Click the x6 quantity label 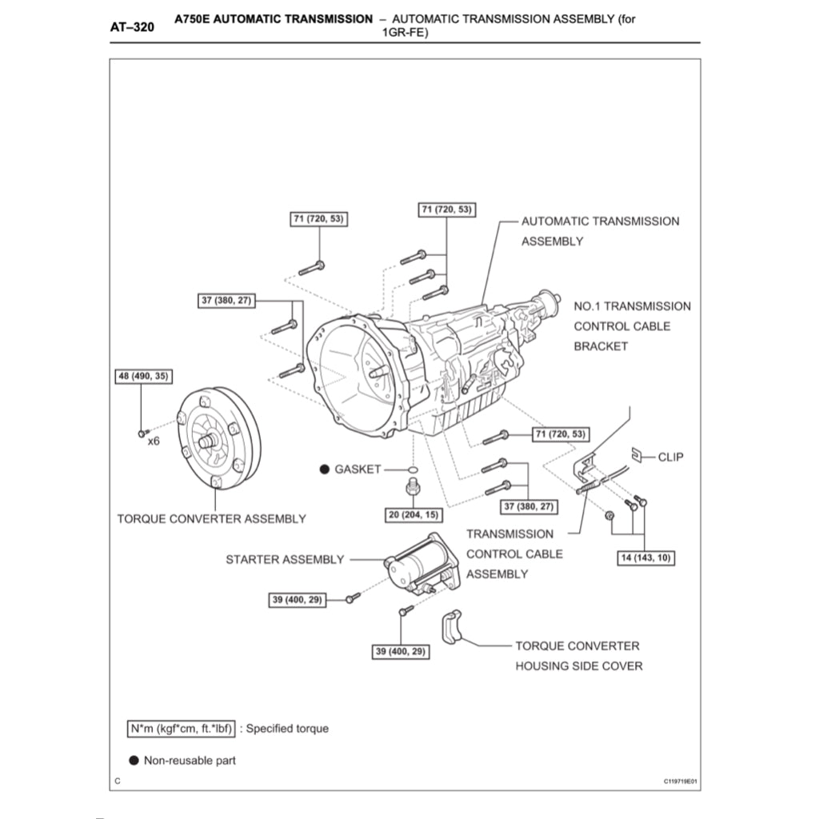coord(154,441)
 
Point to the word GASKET coord(358,469)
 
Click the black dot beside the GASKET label coord(325,469)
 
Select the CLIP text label coord(670,457)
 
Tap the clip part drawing coord(638,456)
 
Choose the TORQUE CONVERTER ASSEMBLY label coord(211,519)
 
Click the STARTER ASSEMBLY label coord(285,560)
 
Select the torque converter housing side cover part coord(453,628)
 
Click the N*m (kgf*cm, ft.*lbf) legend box coord(180,729)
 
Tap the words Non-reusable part coord(190,761)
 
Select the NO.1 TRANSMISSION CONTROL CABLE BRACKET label coord(632,326)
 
